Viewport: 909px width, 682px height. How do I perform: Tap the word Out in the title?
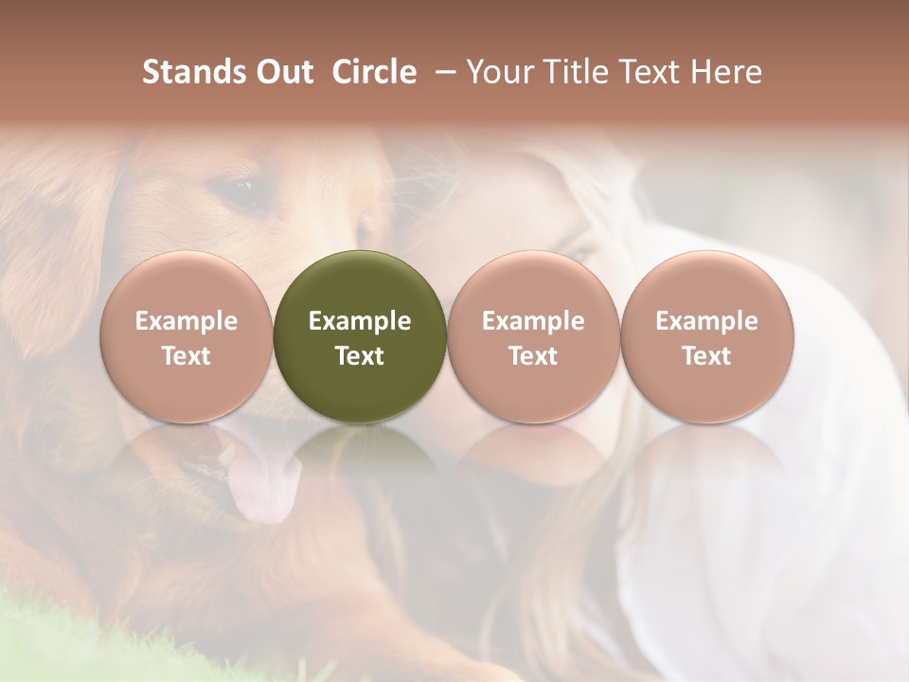[281, 72]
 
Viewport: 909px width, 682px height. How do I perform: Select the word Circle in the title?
[374, 72]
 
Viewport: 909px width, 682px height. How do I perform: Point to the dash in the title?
[441, 73]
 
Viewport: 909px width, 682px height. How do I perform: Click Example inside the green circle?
[360, 321]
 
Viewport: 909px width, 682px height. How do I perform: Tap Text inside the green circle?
[360, 356]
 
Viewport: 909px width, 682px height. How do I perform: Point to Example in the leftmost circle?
[187, 321]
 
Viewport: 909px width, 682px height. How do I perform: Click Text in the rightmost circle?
[706, 356]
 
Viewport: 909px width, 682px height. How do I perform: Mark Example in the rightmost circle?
[706, 321]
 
